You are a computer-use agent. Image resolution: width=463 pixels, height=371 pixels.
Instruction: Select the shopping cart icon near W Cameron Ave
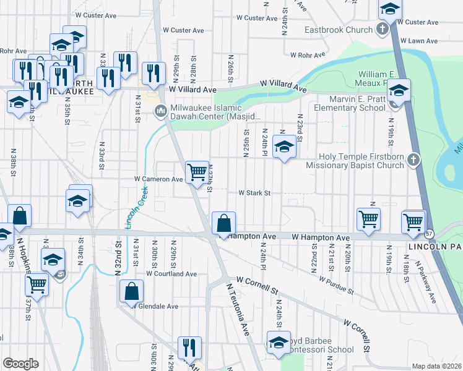click(x=197, y=172)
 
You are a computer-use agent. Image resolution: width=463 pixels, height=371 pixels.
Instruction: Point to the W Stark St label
click(x=255, y=193)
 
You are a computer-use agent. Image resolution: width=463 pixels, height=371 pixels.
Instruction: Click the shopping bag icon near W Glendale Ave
click(x=132, y=291)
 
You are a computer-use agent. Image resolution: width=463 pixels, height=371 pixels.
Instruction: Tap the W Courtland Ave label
click(x=171, y=273)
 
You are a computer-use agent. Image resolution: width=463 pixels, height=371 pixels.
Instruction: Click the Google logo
click(x=20, y=364)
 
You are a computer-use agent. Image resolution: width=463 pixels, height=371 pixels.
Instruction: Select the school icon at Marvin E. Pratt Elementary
click(x=399, y=92)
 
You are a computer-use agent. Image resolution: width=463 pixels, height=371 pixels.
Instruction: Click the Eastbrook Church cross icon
click(x=383, y=29)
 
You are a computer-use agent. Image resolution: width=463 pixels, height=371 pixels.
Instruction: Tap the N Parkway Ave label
click(x=426, y=281)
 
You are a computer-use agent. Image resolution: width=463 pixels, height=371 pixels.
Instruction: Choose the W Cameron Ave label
click(x=159, y=179)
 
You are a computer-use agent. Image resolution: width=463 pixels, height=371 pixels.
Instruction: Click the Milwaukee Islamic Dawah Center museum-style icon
click(x=160, y=111)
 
